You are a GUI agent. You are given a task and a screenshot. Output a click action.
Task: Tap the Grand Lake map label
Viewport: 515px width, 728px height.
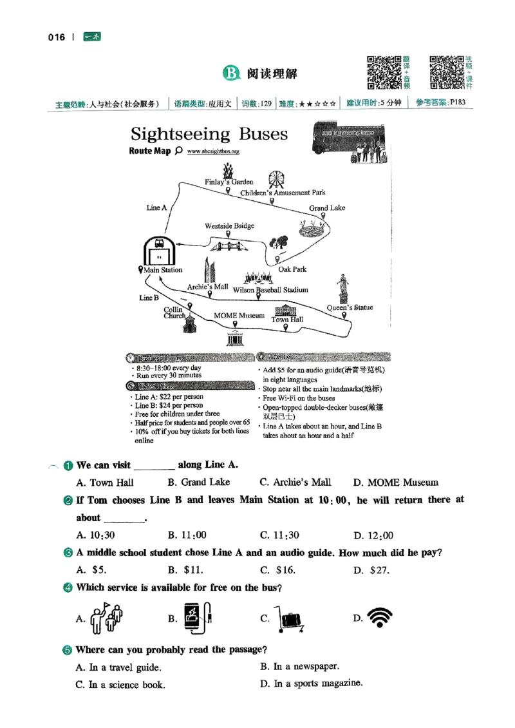(327, 208)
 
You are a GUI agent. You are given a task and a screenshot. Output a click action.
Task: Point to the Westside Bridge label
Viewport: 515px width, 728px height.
(229, 226)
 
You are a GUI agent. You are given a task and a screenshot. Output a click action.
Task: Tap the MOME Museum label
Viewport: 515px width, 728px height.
(239, 316)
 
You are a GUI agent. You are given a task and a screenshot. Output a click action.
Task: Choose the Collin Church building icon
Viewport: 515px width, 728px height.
(189, 323)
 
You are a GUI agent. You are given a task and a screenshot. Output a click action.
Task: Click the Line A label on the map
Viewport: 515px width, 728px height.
(156, 207)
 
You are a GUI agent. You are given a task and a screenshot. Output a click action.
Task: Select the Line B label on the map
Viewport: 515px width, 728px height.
(149, 298)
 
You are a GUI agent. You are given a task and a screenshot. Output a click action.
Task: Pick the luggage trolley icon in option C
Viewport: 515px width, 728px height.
(288, 619)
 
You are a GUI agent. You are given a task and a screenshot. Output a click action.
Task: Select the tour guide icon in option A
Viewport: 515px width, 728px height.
(106, 618)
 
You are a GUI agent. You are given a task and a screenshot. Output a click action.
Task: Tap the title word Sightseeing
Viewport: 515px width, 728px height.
(180, 134)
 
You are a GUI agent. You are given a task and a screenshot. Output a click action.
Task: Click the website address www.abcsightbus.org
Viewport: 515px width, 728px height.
(213, 151)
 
